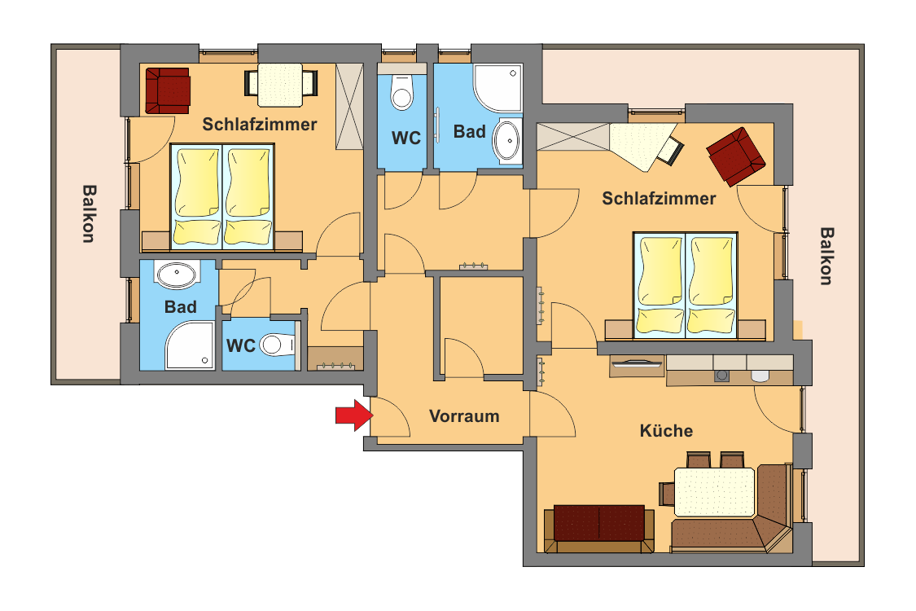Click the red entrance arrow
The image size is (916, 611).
pyautogui.click(x=354, y=415)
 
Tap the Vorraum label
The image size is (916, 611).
pyautogui.click(x=464, y=416)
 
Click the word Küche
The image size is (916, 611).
pyautogui.click(x=667, y=431)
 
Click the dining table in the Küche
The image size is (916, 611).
pyautogui.click(x=714, y=492)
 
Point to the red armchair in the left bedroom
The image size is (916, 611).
pyautogui.click(x=168, y=90)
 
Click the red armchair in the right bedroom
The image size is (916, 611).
pyautogui.click(x=735, y=156)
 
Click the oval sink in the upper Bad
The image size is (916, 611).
pyautogui.click(x=506, y=140)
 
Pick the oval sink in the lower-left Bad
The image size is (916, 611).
pyautogui.click(x=177, y=275)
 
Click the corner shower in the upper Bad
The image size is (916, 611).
pyautogui.click(x=497, y=88)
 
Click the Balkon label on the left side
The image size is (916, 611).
pyautogui.click(x=88, y=213)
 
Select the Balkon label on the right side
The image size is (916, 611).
pyautogui.click(x=826, y=256)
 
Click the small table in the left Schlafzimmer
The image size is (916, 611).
pyautogui.click(x=280, y=85)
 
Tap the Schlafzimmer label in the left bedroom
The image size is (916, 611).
pyautogui.click(x=260, y=124)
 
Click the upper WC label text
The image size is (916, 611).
pyautogui.click(x=406, y=138)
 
